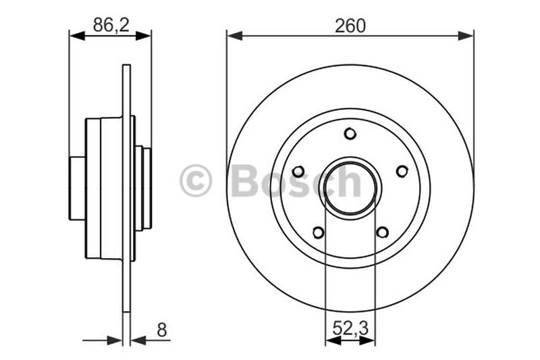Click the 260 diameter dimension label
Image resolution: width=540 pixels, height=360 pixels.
(350, 26)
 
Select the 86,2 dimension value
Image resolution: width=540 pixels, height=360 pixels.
(110, 26)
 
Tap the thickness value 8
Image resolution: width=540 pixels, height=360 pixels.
(161, 330)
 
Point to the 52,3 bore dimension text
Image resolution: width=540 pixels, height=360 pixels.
(350, 330)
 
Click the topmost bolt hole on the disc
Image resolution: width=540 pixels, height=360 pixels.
(350, 133)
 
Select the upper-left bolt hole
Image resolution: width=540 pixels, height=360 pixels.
(299, 171)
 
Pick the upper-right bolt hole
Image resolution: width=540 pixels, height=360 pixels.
(402, 171)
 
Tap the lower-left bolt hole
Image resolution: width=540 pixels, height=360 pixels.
(318, 232)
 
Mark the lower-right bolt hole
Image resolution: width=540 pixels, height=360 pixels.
(382, 232)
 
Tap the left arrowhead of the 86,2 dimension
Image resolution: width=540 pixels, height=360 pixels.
(76, 35)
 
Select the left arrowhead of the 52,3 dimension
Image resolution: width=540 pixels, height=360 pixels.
(332, 340)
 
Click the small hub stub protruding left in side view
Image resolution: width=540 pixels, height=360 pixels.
(77, 188)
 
